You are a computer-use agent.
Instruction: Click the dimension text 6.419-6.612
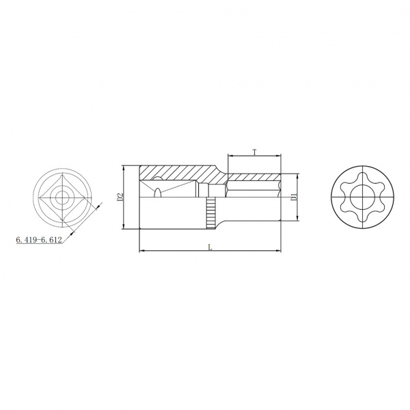39,240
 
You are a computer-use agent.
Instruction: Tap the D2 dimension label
120,197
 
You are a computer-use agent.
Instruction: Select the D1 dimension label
294,197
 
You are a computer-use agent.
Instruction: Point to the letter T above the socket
254,152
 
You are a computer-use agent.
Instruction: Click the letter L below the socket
210,247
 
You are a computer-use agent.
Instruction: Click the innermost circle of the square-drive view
62,197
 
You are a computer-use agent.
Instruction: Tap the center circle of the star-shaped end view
362,197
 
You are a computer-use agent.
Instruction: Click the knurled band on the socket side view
210,213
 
